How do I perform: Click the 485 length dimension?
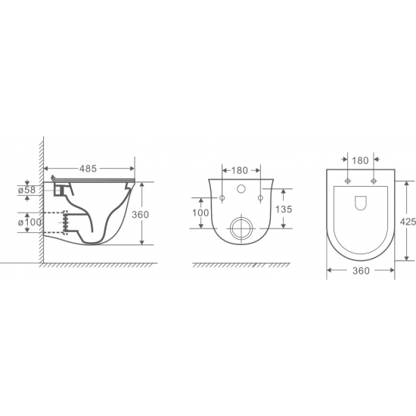click(88, 169)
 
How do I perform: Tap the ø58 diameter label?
click(26, 190)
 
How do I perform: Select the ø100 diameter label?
click(29, 222)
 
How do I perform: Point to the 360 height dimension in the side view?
click(141, 214)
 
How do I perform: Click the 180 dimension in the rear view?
click(240, 170)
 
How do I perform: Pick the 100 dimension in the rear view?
click(200, 213)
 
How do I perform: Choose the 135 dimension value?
click(284, 209)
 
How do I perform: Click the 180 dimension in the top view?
click(360, 160)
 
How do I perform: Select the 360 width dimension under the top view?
click(361, 271)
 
